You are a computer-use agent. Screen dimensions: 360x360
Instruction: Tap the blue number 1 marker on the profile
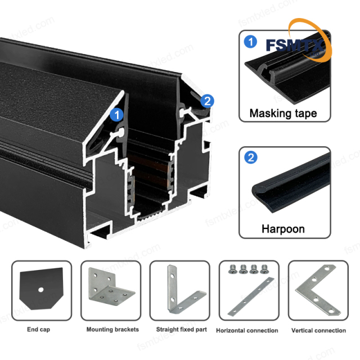117,115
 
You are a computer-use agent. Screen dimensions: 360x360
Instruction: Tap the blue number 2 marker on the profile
207,101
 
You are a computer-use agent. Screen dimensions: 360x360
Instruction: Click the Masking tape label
283,113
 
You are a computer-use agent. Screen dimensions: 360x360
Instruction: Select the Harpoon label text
283,229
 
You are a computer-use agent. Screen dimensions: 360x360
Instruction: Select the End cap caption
38,330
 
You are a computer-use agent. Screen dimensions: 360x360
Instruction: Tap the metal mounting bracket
111,290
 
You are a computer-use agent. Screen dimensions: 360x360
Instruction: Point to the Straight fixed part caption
178,330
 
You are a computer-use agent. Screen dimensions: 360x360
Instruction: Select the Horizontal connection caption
247,330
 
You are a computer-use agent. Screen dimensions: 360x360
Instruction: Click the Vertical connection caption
319,330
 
